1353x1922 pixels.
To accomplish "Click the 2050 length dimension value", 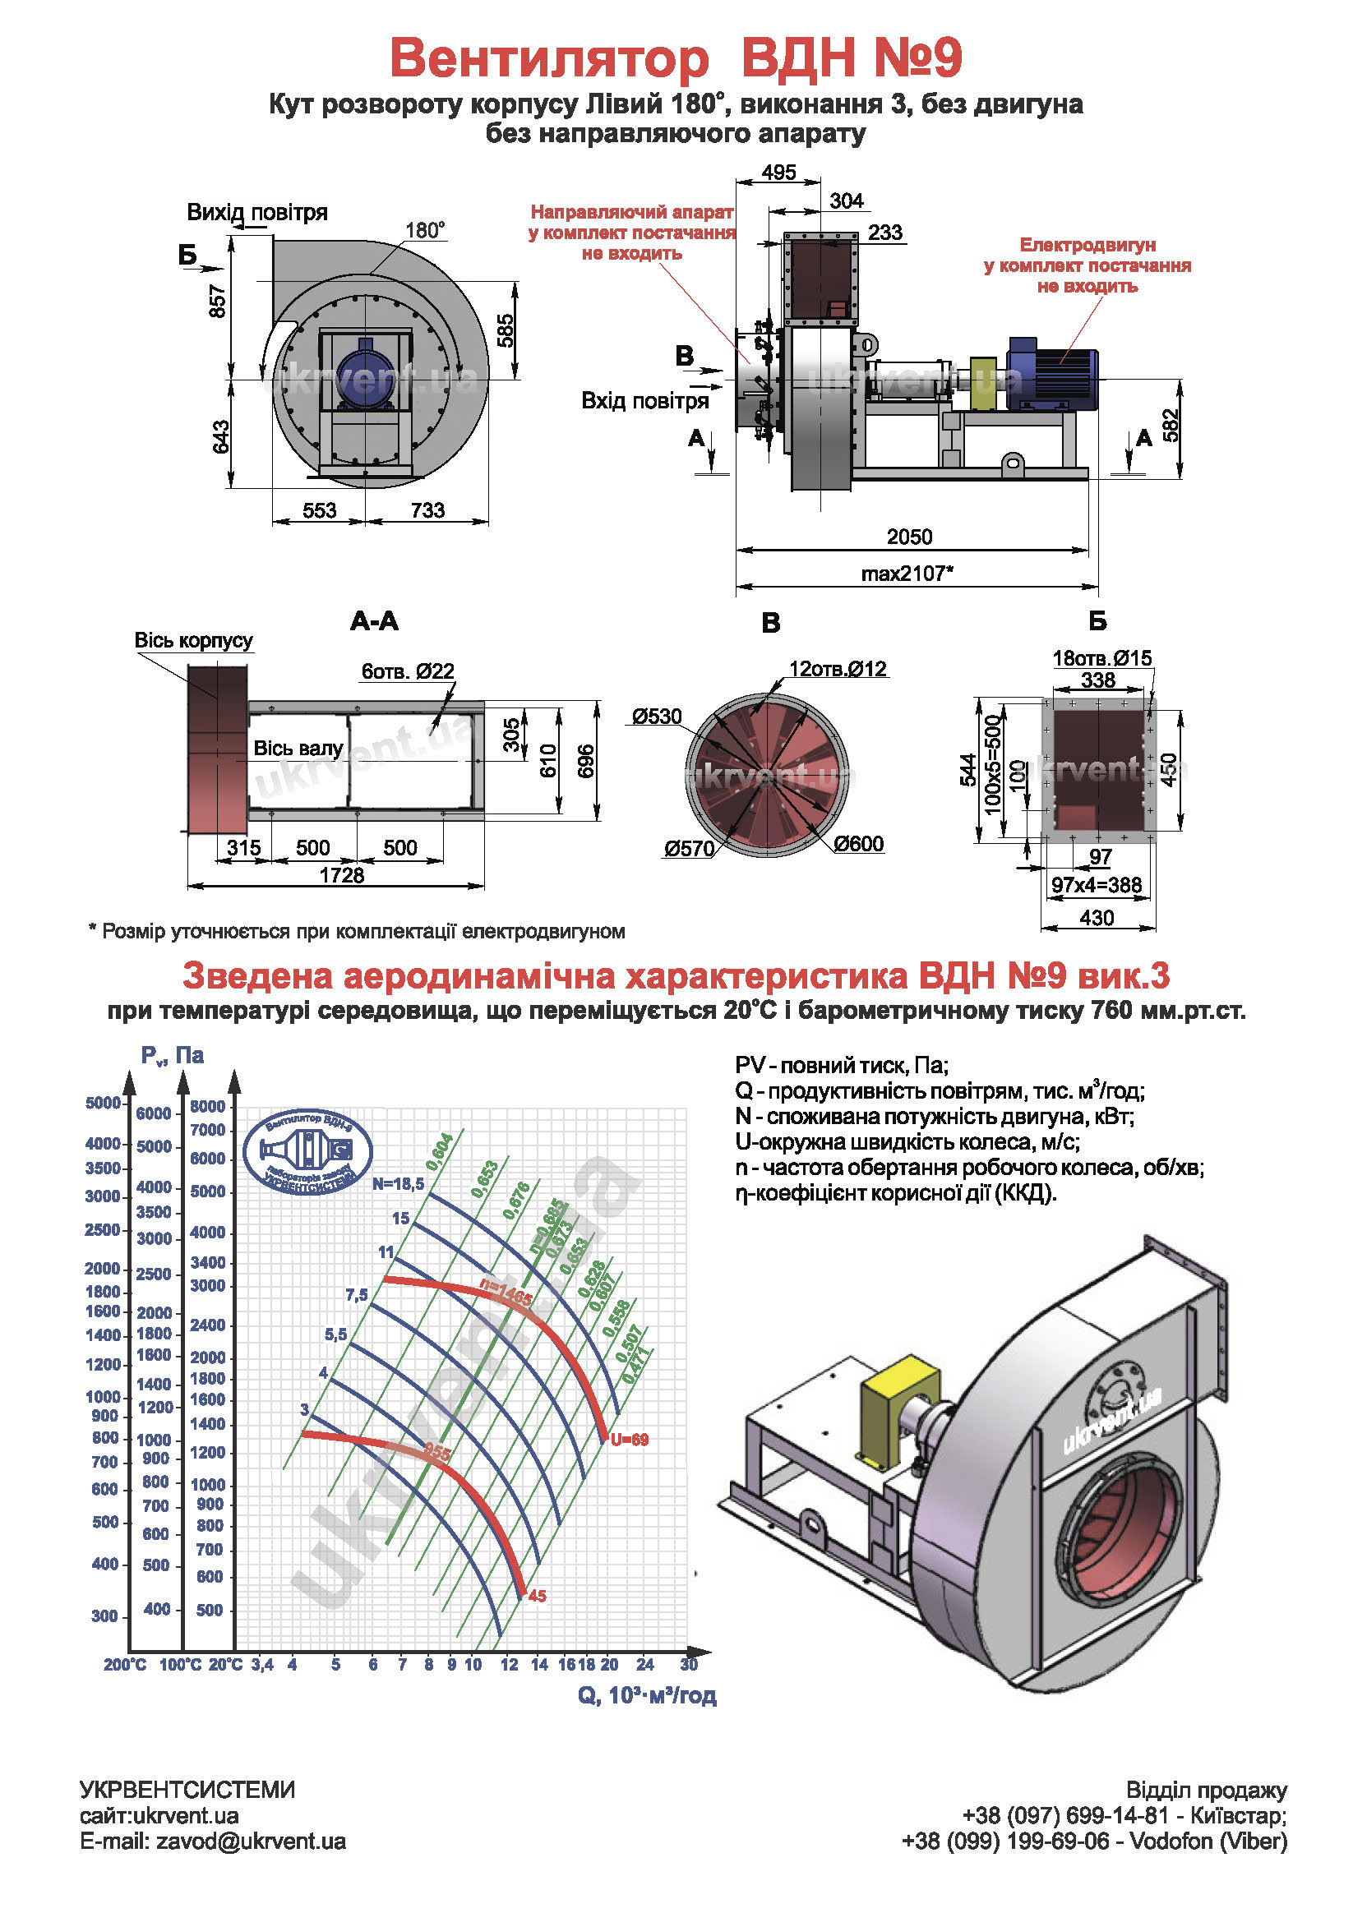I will (908, 537).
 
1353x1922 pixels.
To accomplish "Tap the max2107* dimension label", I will (907, 574).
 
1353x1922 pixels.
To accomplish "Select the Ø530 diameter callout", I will (658, 717).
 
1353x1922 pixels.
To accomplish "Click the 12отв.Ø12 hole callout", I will (838, 669).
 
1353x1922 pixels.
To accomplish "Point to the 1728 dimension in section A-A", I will (342, 875).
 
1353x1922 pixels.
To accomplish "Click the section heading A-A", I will (374, 621).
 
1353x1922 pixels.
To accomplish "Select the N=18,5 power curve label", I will (399, 1183).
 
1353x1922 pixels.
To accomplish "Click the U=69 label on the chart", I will (630, 1440).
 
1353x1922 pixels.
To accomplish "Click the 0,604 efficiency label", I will (441, 1151).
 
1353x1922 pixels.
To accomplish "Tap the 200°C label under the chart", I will (125, 1665).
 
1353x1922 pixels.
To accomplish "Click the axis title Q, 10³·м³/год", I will (647, 1695).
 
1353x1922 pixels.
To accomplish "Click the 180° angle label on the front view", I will (424, 230).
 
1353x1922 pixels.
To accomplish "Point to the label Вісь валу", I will (298, 748).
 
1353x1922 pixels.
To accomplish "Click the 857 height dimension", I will (218, 302).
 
